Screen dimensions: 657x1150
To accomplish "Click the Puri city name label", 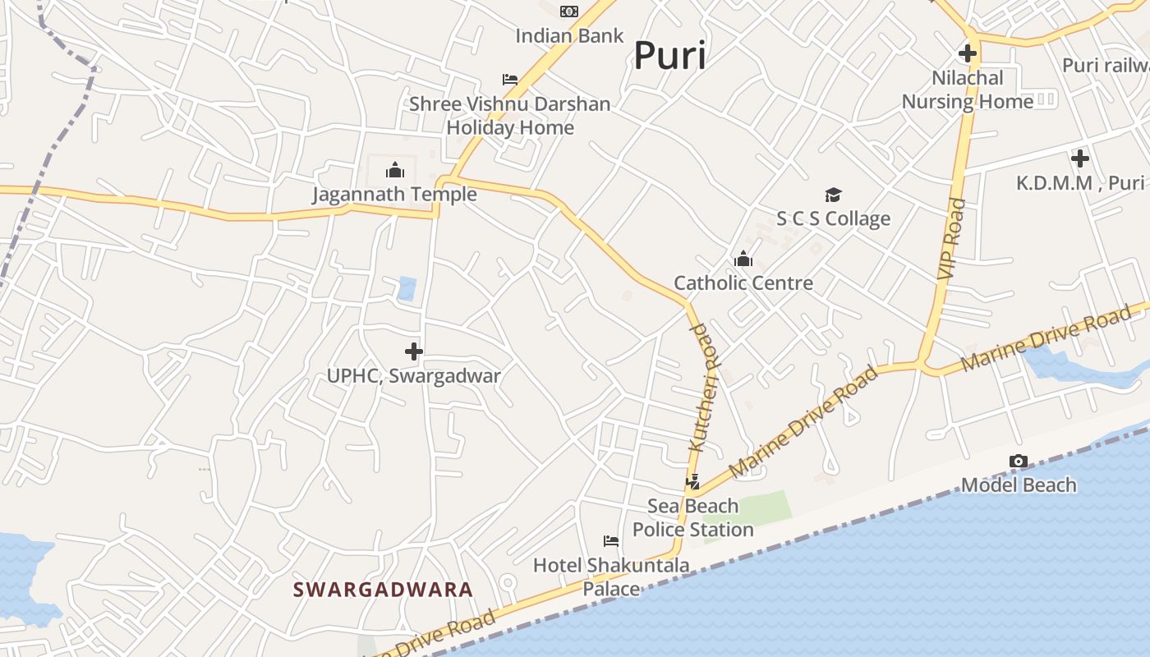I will click(x=669, y=56).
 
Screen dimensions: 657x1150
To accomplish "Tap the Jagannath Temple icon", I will click(x=395, y=170).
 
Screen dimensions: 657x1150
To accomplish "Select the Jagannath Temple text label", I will click(x=394, y=195).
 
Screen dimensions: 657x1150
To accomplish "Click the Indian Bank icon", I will click(x=569, y=11).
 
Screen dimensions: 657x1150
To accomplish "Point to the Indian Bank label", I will click(x=569, y=36).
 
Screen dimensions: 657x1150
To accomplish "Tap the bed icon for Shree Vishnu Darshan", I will click(x=510, y=80).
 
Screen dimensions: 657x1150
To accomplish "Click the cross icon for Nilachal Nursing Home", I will click(x=968, y=54).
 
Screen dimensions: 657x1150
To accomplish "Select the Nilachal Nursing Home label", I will click(x=968, y=90).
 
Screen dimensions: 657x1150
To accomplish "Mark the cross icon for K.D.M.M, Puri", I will click(x=1080, y=159).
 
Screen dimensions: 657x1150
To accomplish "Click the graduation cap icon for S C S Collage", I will click(x=834, y=195).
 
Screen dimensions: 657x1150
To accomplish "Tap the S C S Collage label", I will click(x=834, y=218).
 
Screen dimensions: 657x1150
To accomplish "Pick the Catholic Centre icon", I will click(x=743, y=260).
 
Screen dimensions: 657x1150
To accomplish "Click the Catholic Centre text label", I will click(x=743, y=283).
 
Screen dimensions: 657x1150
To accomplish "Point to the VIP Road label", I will click(x=950, y=238).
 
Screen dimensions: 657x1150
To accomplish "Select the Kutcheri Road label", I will click(x=703, y=387).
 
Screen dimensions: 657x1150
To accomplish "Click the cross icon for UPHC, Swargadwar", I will click(x=414, y=352).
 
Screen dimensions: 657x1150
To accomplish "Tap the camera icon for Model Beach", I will click(x=1019, y=462).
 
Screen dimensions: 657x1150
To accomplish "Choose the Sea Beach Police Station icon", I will click(x=693, y=482).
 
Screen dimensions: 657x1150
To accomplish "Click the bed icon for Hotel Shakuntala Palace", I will click(x=611, y=541).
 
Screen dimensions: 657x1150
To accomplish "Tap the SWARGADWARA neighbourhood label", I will click(x=383, y=590).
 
